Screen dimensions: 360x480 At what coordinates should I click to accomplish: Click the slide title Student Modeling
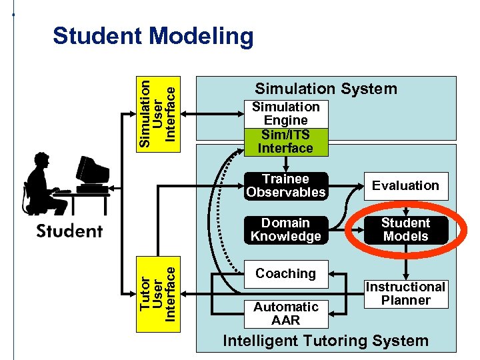[153, 36]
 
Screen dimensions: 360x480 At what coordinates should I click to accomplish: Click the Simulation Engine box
[285, 114]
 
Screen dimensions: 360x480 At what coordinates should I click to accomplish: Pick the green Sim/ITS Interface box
[285, 142]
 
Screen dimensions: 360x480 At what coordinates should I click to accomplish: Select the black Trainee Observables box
[285, 186]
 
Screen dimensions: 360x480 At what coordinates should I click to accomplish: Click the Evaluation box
[405, 186]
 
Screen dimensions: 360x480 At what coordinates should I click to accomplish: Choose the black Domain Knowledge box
[285, 230]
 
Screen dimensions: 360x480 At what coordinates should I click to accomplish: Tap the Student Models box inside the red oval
[405, 230]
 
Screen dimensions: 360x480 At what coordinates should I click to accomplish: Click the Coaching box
[285, 274]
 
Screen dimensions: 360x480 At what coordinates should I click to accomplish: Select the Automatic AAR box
[285, 313]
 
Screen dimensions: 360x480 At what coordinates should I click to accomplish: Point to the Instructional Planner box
[405, 294]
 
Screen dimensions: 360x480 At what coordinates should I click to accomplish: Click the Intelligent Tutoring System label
[325, 341]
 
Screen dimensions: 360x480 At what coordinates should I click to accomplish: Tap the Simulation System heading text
[325, 89]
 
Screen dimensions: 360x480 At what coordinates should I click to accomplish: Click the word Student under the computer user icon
[69, 232]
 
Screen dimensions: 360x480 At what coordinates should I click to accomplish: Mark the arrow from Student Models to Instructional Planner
[405, 263]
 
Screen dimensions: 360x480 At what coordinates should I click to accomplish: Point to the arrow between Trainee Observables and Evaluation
[345, 186]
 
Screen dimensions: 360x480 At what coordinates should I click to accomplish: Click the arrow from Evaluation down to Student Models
[405, 207]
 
